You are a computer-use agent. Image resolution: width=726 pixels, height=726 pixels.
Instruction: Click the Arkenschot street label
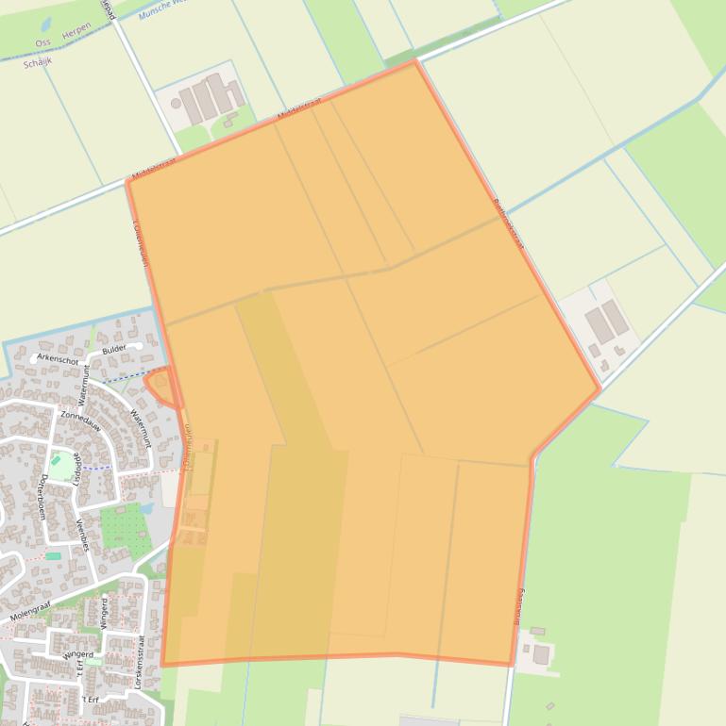click(58, 359)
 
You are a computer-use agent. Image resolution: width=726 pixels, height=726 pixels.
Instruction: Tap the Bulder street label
click(114, 349)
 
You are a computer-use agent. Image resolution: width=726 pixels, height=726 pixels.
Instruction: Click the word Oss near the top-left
click(42, 43)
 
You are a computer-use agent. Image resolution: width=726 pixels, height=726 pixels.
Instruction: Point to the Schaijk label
click(37, 59)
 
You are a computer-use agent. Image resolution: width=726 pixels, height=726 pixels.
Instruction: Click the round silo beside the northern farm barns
click(176, 104)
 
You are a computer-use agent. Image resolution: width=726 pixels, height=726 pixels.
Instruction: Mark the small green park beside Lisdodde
click(60, 465)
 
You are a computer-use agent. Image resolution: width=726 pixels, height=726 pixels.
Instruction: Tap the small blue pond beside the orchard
click(145, 508)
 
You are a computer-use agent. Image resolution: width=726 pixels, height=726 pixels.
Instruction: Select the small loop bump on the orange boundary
click(160, 386)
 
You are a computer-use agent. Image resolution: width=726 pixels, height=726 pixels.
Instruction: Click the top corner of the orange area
click(414, 62)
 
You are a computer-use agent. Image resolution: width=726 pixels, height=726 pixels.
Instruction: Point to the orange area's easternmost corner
click(599, 388)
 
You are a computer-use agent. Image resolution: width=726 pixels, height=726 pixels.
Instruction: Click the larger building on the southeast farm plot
click(541, 654)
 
